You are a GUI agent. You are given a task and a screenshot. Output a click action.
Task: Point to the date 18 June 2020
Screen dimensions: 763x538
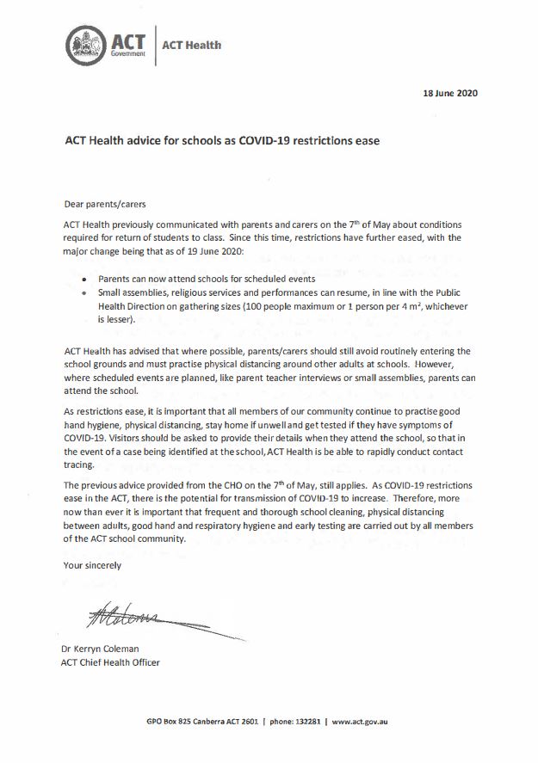pos(448,92)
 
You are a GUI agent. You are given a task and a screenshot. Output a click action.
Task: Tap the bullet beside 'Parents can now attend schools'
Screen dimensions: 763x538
pos(83,280)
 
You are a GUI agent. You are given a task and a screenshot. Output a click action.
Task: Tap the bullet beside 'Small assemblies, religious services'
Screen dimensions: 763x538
pos(83,293)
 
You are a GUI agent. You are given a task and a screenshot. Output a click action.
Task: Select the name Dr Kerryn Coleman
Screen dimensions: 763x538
pos(108,649)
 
